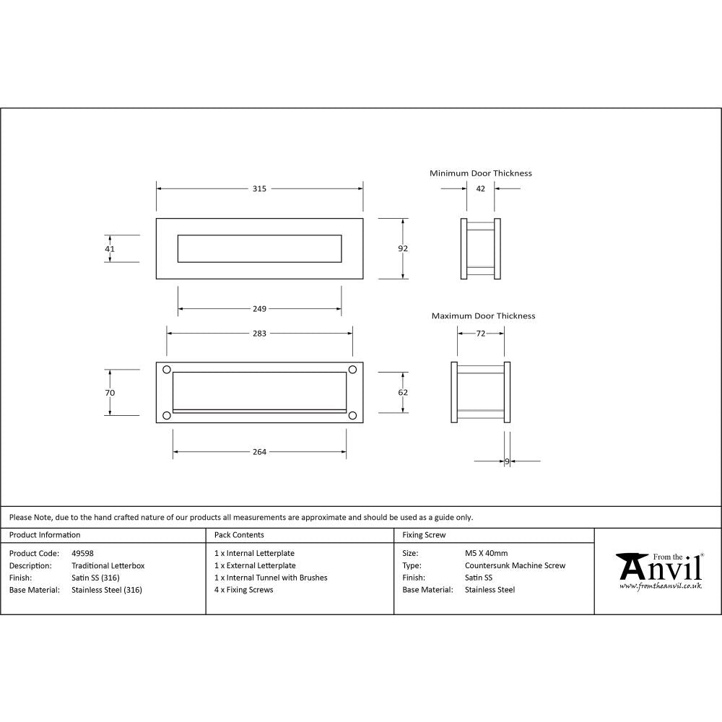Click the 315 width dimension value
pyautogui.click(x=260, y=189)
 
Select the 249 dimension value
pyautogui.click(x=260, y=309)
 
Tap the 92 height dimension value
pyautogui.click(x=403, y=248)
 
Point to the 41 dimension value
pyautogui.click(x=110, y=248)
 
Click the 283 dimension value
pyautogui.click(x=260, y=334)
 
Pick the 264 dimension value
pyautogui.click(x=260, y=452)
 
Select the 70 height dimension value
pyautogui.click(x=110, y=392)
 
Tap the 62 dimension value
pyautogui.click(x=403, y=392)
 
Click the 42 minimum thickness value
pyautogui.click(x=481, y=189)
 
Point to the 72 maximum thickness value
pyautogui.click(x=481, y=334)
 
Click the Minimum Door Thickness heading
pyautogui.click(x=481, y=173)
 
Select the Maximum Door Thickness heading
pyautogui.click(x=483, y=316)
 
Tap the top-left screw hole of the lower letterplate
pyautogui.click(x=168, y=370)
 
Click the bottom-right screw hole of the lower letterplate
pyautogui.click(x=353, y=414)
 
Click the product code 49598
pyautogui.click(x=83, y=554)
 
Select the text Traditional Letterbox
pyautogui.click(x=108, y=566)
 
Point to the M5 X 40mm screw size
pyautogui.click(x=486, y=554)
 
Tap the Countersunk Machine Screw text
pyautogui.click(x=515, y=566)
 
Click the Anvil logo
pyautogui.click(x=658, y=570)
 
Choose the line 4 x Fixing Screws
pyautogui.click(x=244, y=590)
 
